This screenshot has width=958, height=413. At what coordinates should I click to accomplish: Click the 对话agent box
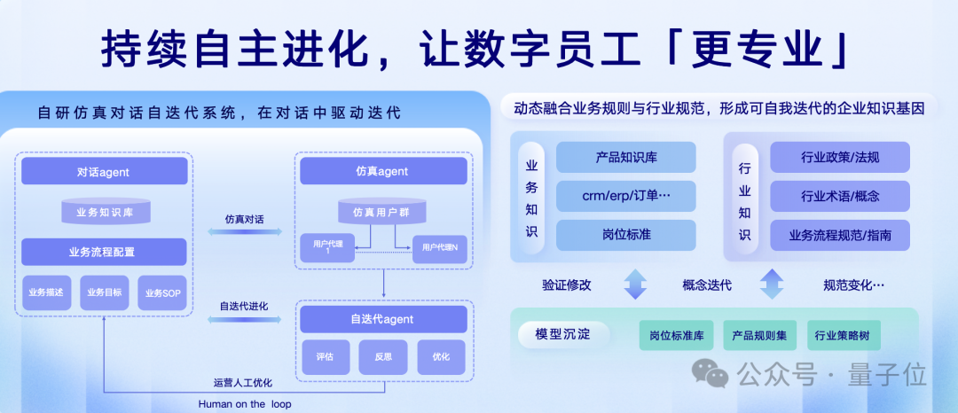(104, 171)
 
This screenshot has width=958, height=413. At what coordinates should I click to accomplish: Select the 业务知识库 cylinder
(106, 212)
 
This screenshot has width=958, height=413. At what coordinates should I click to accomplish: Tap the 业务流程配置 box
(104, 252)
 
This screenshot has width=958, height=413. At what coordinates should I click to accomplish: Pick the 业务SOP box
(162, 292)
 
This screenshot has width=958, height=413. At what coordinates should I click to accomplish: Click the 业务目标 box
(104, 292)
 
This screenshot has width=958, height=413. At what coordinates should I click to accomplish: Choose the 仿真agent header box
(382, 171)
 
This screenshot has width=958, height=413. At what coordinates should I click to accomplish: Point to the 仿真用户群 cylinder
(382, 212)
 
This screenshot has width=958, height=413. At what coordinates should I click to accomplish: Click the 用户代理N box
(439, 248)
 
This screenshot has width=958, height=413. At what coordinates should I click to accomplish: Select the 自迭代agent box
(382, 319)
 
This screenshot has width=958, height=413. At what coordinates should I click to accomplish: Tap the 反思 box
(382, 357)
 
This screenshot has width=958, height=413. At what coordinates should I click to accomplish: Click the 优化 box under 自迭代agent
(441, 357)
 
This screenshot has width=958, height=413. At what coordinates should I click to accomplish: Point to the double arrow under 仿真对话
(244, 232)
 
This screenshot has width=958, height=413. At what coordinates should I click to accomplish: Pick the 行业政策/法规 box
(839, 157)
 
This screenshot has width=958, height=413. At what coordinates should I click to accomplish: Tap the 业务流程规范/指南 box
(839, 236)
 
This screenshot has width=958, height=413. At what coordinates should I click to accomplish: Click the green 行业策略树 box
(844, 336)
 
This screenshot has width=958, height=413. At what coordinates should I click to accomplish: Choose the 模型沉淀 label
(561, 334)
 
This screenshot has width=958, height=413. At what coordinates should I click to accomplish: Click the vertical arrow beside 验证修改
(635, 284)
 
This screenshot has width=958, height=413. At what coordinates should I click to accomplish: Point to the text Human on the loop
(244, 404)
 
